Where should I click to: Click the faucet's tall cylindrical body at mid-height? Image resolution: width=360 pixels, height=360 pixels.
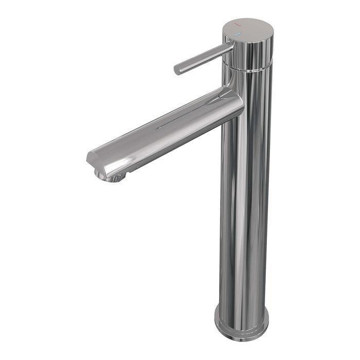[x=245, y=206]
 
